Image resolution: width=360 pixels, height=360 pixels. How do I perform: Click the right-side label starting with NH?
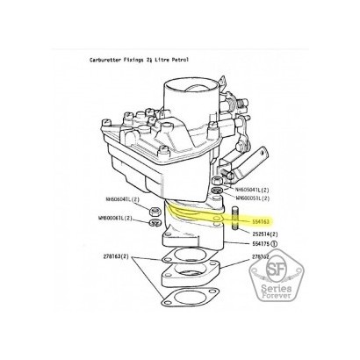pos(254,188)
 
